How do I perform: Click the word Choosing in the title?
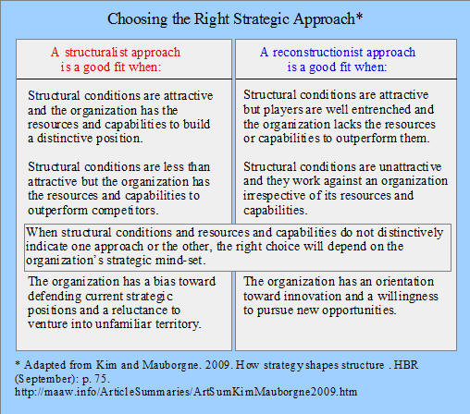click(137, 19)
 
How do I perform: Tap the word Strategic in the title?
click(262, 19)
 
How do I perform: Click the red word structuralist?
click(96, 53)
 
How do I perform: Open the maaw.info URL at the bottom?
click(186, 392)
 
